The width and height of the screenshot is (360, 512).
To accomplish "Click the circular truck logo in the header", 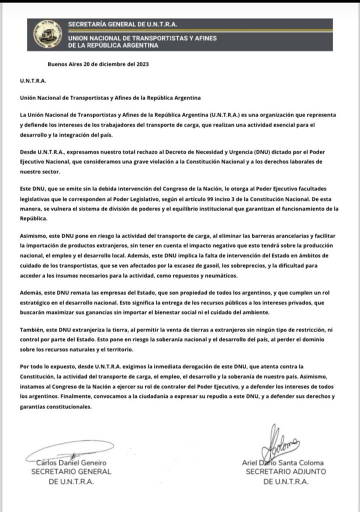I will pyautogui.click(x=43, y=33).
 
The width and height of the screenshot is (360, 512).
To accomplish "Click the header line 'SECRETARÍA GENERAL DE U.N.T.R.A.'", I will pyautogui.click(x=122, y=24).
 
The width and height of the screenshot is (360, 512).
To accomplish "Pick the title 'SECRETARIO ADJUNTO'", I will pyautogui.click(x=285, y=472).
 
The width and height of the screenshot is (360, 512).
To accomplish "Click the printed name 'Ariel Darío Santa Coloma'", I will pyautogui.click(x=282, y=463).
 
